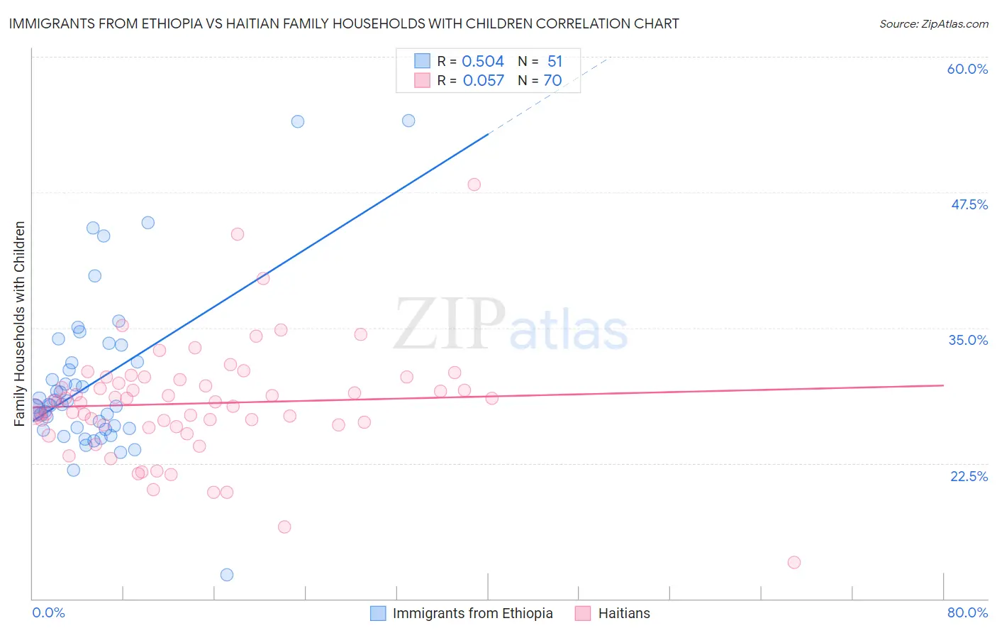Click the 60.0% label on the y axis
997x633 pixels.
point(967,69)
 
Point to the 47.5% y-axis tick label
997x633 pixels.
point(969,204)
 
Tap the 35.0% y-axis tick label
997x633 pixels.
point(968,340)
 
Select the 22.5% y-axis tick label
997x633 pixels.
point(969,476)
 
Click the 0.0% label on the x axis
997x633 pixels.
point(48,612)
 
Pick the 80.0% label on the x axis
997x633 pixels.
point(967,612)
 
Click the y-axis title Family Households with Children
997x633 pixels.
point(19,324)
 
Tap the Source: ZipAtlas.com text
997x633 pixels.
point(933,23)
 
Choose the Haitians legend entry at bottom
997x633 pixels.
point(623,613)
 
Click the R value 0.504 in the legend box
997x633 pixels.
point(482,61)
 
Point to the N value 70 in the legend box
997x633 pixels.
point(552,80)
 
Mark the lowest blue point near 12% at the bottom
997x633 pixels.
point(227,575)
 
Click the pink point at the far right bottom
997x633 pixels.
point(794,562)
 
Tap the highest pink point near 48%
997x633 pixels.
point(474,185)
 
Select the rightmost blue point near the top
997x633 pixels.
point(408,121)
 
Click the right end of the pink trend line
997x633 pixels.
point(943,385)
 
